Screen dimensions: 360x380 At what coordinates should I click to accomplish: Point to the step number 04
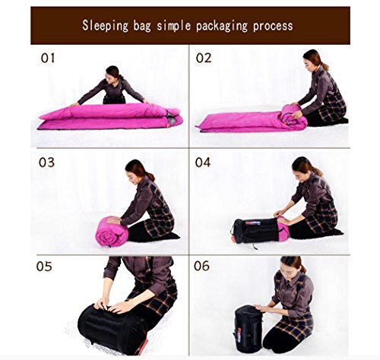point(204,162)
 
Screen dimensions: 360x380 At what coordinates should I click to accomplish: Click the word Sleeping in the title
point(106,25)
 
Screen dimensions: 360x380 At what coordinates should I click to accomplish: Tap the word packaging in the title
point(220,25)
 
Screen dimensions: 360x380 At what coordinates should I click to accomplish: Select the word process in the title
point(271,25)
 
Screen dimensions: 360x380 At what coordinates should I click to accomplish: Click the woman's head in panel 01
point(113,73)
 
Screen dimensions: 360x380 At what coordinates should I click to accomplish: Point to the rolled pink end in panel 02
point(292,115)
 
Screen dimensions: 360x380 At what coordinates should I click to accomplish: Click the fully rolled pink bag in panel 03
point(110,231)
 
